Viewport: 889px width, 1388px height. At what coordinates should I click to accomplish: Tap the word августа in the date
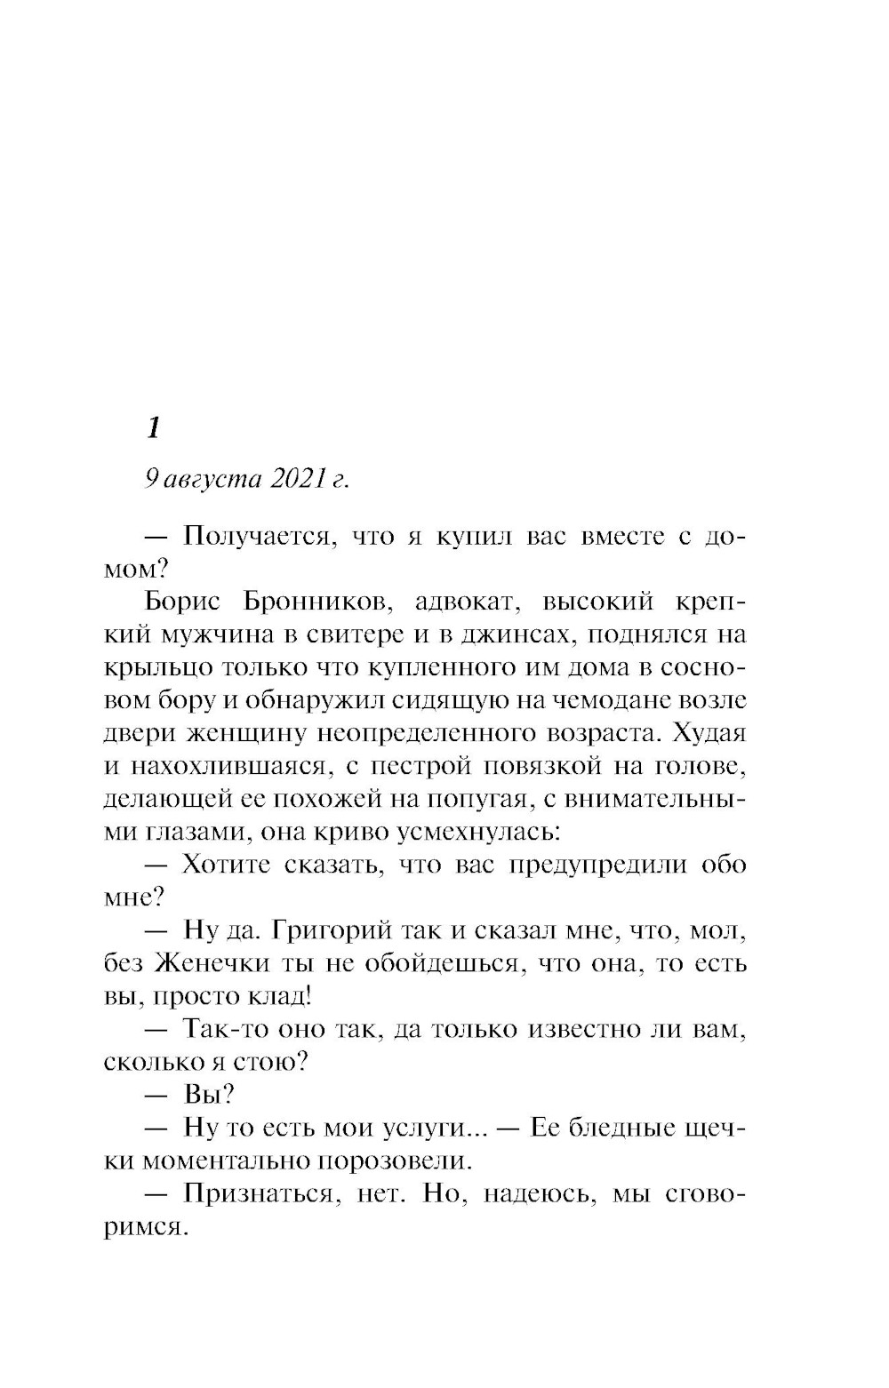point(214,479)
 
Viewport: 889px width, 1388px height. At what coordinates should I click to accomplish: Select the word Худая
point(709,733)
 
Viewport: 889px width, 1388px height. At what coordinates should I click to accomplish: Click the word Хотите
point(226,865)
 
